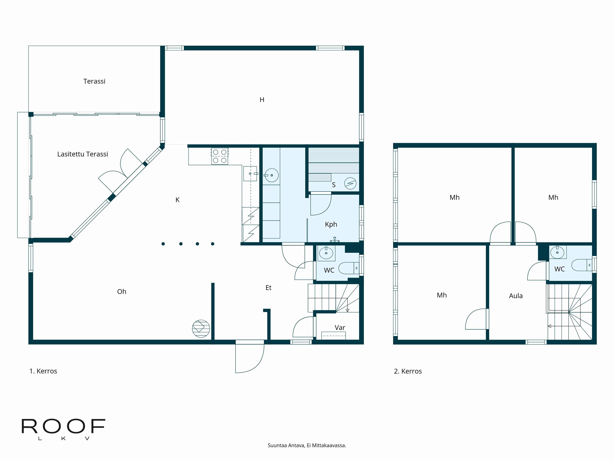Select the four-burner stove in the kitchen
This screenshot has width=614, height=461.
(x=220, y=156)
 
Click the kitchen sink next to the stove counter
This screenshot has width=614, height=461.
(x=250, y=174)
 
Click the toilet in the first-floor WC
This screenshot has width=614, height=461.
(x=348, y=268)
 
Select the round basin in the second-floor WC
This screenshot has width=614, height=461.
(x=557, y=253)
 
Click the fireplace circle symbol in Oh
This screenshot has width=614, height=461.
(x=201, y=328)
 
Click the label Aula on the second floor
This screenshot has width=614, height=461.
(x=516, y=296)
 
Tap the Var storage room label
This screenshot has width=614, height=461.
(x=340, y=328)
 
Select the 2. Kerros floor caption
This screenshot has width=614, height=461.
(x=408, y=371)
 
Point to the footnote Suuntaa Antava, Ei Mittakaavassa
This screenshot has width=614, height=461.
(x=307, y=445)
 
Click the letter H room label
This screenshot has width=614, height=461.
(x=262, y=100)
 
